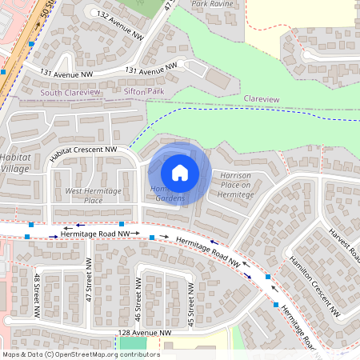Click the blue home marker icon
coord(180,172)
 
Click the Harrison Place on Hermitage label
coord(236,185)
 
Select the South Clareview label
coord(70,93)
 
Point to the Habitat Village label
coord(14,163)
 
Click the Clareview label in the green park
coord(262,98)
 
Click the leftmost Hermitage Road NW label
coord(94,233)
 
